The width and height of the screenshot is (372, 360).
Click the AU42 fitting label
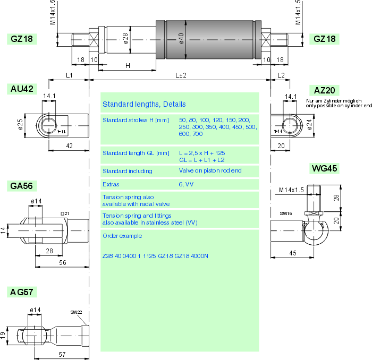pos(22,89)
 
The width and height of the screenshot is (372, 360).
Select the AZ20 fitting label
pos(326,90)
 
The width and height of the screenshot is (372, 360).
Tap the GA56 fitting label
pos(22,186)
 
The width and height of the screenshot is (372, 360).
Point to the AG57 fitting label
pos(22,293)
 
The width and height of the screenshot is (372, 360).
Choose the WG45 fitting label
pos(324,169)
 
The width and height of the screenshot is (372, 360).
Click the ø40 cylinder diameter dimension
pos(181,39)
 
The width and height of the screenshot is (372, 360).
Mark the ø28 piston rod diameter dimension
pos(125,39)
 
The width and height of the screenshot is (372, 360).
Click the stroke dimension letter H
pos(128,65)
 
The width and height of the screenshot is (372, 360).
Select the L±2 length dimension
pos(181,76)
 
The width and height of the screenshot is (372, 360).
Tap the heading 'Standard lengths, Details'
pos(144,104)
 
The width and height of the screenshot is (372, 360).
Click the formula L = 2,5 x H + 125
pos(202,152)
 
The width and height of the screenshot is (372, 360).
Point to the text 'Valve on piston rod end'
pos(210,171)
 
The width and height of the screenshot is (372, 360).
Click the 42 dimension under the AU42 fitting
pos(69,145)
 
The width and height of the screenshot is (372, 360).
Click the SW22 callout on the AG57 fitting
pos(76,312)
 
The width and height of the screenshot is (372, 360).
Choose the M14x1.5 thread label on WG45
pos(291,190)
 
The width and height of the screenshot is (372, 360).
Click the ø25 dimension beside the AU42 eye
pos(20,124)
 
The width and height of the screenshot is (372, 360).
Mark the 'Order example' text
pos(122,236)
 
